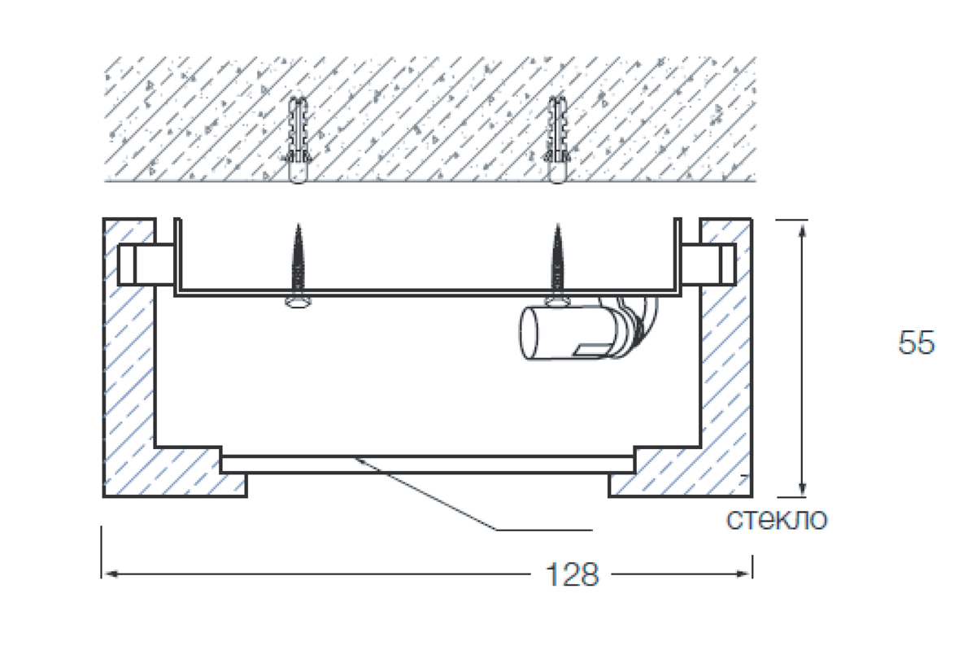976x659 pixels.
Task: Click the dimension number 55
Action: (916, 343)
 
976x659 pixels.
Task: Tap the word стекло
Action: (776, 518)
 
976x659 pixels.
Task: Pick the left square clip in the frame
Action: (135, 263)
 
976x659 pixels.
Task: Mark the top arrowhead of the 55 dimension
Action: (803, 229)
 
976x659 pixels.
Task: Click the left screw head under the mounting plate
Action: (298, 303)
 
